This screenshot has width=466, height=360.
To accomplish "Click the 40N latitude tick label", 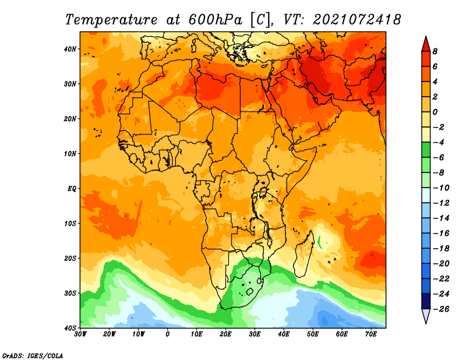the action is point(70,49).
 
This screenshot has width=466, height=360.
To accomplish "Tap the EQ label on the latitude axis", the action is point(72,189).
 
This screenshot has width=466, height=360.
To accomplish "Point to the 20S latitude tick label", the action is point(70,258).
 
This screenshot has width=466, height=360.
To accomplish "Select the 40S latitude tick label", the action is point(70,328).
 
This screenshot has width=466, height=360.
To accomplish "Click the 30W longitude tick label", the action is point(80,334).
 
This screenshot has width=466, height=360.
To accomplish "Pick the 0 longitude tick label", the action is point(168,334).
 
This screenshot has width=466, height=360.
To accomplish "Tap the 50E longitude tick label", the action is point(313,334).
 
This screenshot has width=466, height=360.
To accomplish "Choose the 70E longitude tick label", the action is point(371,334).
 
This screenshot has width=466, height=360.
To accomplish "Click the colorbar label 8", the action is point(435,51).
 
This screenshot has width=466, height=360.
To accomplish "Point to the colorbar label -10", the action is point(441,188).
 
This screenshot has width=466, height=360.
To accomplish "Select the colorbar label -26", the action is point(441,309).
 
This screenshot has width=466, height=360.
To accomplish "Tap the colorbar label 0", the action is point(435,112).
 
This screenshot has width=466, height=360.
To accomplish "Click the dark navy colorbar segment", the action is point(426,301).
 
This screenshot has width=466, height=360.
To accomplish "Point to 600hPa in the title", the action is point(215,20).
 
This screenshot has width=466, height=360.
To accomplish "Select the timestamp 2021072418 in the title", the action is point(357,20).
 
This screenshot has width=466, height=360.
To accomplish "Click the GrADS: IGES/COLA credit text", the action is point(33,355).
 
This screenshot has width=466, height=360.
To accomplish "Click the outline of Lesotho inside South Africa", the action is point(250,291).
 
